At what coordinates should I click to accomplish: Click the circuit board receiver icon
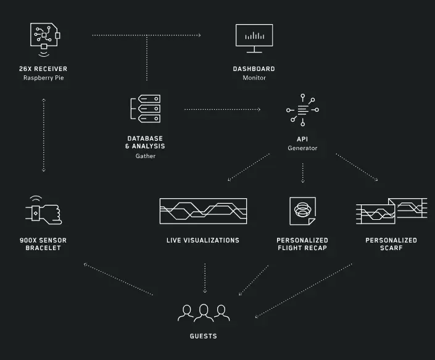44,38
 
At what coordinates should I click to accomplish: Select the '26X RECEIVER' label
43,69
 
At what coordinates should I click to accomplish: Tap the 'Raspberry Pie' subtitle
43,78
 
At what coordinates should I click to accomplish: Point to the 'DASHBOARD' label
254,69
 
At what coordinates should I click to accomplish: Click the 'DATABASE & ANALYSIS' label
146,143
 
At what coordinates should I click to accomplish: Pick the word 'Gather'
146,156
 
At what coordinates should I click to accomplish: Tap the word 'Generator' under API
302,148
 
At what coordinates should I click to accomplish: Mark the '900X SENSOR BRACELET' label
43,244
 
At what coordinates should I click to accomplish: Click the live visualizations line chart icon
203,211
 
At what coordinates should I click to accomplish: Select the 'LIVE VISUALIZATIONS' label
203,240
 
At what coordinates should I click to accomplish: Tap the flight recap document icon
302,211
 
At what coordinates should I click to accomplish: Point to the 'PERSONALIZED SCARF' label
391,244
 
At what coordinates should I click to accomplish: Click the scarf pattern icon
391,211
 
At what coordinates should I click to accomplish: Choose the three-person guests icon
204,312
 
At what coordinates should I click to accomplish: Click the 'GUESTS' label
204,337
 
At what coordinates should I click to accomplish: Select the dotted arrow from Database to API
222,109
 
